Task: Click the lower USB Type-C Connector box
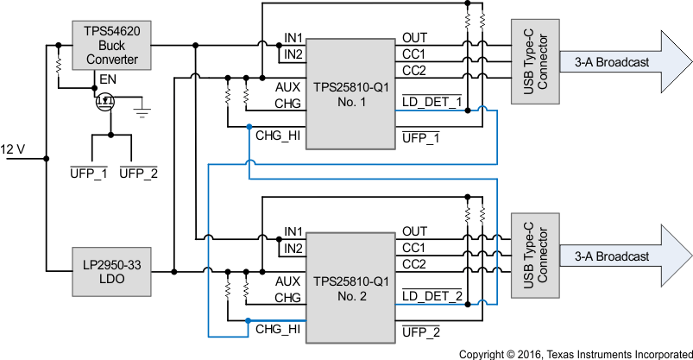coord(535,256)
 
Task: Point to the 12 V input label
coord(13,148)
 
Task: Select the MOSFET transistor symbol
coord(106,102)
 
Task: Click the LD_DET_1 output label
coord(432,103)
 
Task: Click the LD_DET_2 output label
coord(432,296)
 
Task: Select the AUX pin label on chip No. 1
coord(287,87)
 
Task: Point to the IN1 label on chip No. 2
coord(293,231)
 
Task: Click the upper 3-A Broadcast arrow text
coord(612,63)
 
